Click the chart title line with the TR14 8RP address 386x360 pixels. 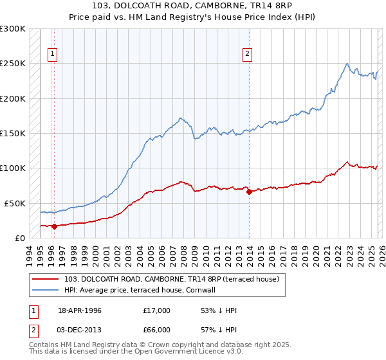click(x=193, y=6)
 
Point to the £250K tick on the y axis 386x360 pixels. click(x=12, y=64)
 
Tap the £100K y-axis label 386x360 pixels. click(x=12, y=168)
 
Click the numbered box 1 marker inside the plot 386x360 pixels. click(x=53, y=54)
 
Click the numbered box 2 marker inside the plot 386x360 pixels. click(x=247, y=54)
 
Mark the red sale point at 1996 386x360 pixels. click(x=54, y=226)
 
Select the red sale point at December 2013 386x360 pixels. click(x=249, y=192)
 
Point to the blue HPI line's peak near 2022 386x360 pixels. click(x=347, y=64)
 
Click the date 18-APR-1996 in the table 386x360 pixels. click(x=80, y=310)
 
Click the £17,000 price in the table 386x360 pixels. click(x=157, y=310)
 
